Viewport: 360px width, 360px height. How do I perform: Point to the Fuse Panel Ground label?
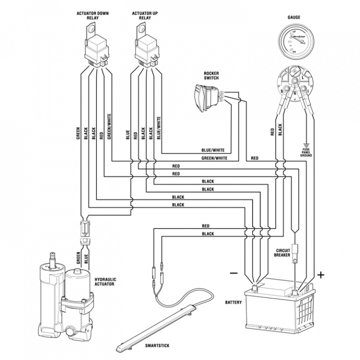[x=306, y=152]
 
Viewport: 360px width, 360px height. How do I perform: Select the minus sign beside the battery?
[x=232, y=273]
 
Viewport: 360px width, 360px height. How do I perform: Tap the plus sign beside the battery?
[x=321, y=274]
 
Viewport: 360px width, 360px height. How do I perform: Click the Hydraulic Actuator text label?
[x=105, y=281]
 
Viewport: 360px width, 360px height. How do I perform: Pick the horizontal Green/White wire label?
[x=214, y=158]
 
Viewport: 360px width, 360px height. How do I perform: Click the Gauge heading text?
[x=293, y=16]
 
